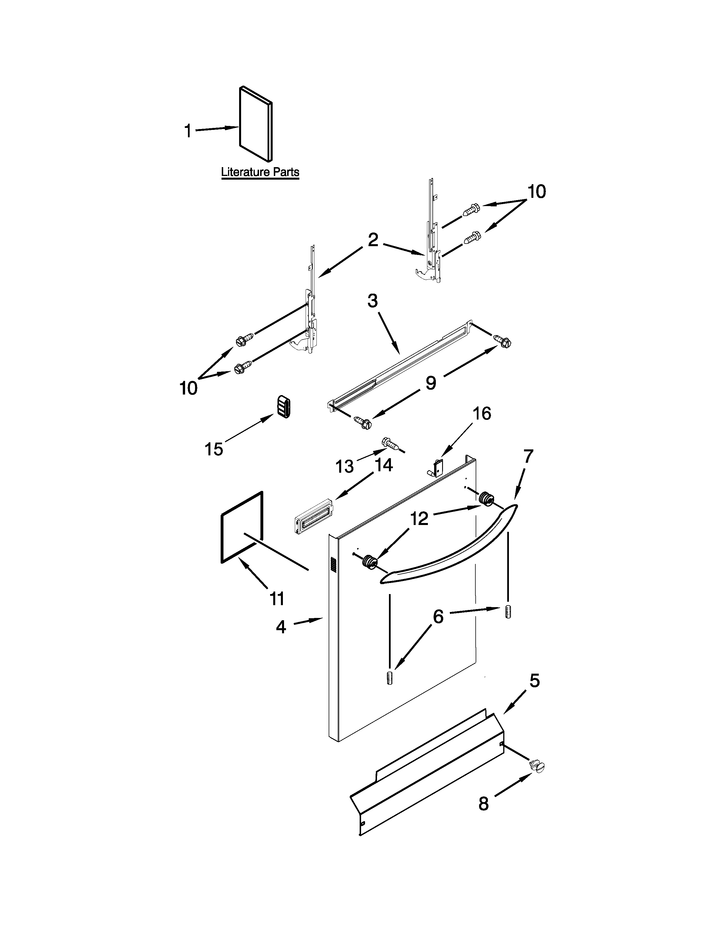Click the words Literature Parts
[260, 172]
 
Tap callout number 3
[372, 301]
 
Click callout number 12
[419, 518]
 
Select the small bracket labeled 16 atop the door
[437, 467]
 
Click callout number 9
[431, 383]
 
